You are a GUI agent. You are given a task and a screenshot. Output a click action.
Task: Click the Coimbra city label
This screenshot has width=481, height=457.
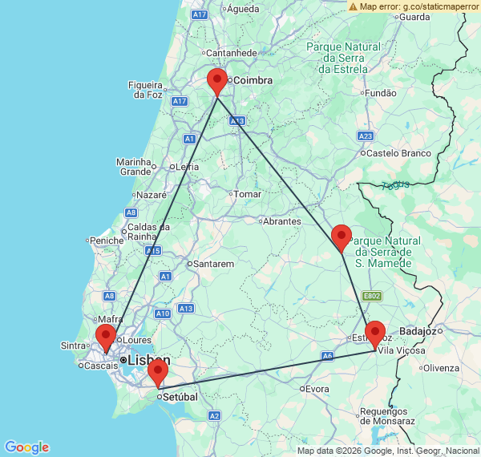253,80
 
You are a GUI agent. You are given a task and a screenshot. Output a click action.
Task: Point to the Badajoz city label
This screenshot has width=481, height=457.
421,330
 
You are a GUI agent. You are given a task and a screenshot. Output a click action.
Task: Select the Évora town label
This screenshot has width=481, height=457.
317,389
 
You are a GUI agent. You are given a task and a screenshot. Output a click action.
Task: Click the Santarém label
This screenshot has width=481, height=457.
212,263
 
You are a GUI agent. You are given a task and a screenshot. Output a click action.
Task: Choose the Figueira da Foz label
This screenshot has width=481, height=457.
146,89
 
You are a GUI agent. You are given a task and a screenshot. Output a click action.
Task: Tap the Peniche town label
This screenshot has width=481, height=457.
107,240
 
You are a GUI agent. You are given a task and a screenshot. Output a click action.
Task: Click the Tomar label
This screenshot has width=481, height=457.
249,194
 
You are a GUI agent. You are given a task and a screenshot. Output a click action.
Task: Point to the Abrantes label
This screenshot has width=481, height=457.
283,221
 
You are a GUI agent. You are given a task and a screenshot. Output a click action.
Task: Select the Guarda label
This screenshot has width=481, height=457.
418,16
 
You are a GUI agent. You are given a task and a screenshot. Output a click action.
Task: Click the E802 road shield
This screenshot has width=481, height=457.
371,296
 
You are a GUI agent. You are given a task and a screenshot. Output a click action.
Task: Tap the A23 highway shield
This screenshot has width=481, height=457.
366,135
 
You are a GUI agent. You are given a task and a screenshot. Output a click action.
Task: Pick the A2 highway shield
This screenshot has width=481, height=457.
214,415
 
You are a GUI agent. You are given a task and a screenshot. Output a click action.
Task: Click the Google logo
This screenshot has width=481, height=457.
26,447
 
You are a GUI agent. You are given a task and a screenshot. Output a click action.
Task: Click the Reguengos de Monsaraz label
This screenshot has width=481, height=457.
387,416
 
